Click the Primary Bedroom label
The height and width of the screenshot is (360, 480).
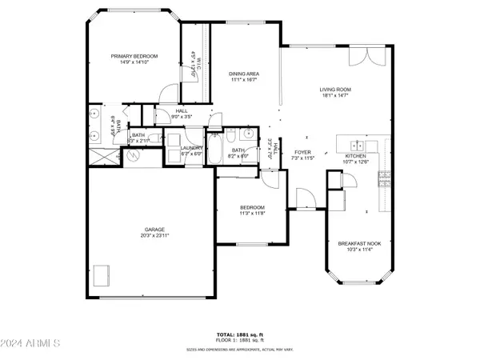[x=134, y=55]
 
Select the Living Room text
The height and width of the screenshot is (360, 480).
[x=336, y=90]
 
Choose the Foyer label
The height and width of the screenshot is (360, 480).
[x=302, y=151]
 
